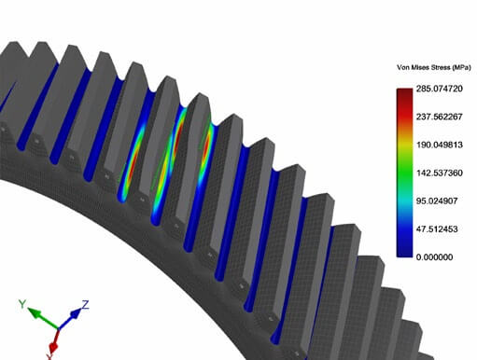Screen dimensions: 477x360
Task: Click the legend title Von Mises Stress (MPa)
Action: [434, 67]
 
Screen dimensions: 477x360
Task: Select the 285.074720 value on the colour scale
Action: [440, 89]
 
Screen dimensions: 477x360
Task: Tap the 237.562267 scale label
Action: [440, 117]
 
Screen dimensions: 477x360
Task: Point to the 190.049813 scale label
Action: [440, 145]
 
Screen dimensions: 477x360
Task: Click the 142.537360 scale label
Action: [440, 173]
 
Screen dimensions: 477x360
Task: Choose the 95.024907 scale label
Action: [437, 201]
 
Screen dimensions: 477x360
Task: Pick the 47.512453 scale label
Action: [437, 229]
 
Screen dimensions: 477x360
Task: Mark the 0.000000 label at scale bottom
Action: [434, 257]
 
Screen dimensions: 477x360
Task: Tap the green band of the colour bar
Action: [404, 173]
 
